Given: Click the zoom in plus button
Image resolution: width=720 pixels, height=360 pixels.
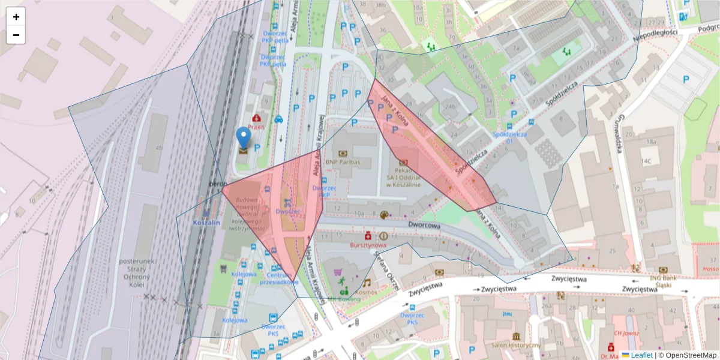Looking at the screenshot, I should (16, 17).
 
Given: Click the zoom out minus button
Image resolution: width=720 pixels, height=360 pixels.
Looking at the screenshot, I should (16, 35).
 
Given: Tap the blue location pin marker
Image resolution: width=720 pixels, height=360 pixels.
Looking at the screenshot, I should (243, 138).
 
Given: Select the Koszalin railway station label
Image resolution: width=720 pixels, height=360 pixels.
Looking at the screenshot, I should (206, 223).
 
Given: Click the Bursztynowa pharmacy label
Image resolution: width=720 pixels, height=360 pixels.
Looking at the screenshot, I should (368, 245).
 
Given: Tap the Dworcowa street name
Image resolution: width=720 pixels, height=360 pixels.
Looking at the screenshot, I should (424, 226).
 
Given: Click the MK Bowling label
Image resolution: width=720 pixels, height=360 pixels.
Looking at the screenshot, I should (344, 298).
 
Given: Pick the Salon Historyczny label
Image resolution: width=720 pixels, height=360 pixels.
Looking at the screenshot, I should (516, 345).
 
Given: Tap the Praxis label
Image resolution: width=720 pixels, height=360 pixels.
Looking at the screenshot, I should (257, 127).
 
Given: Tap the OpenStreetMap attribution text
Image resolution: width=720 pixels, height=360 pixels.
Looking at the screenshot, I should (687, 355).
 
